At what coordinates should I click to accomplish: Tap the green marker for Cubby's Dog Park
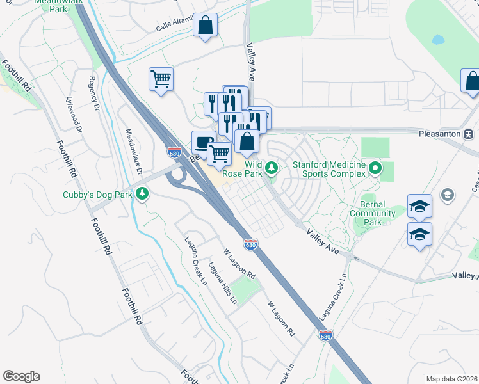coord(142,193)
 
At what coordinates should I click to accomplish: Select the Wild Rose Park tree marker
coord(272,168)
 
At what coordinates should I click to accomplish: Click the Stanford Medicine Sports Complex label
coord(329,168)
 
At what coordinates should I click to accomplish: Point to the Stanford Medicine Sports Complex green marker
coord(375,169)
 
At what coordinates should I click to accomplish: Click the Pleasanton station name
coord(441,134)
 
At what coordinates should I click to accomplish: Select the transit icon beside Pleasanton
coord(469,134)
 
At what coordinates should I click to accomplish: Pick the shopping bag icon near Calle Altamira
coord(205,26)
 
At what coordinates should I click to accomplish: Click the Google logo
coord(21,376)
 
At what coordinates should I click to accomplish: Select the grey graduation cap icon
coord(447,194)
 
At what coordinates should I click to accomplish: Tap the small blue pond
coord(438,40)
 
